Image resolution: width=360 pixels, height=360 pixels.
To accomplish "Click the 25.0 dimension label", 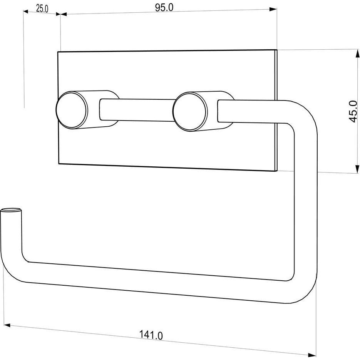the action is click(42, 9).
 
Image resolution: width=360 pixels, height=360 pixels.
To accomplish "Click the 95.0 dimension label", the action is click(164, 8).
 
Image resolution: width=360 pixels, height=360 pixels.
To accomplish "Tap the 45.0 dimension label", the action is click(352, 111).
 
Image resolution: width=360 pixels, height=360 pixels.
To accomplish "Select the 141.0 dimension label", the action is click(151, 335).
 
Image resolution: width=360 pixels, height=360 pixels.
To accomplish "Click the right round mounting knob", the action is click(190, 111).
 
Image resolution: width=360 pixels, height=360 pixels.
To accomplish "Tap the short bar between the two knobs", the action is click(137, 110).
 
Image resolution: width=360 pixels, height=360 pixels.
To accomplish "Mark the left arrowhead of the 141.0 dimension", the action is click(8, 325).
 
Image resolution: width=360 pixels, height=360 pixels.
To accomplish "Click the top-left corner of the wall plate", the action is click(58, 52).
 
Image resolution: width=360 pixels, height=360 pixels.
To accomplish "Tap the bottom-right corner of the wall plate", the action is click(277, 171).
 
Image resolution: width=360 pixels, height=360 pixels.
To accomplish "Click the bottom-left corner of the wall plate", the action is click(59, 164).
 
